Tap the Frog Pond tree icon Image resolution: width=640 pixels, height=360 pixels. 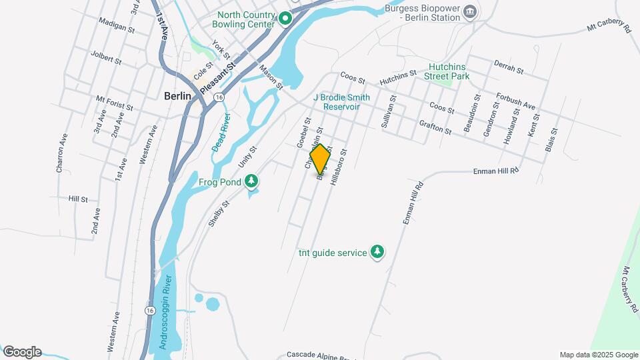coord(251,181)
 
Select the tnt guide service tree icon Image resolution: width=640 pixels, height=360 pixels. coord(378,252)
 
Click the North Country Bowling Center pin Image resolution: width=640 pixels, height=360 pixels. coord(285,19)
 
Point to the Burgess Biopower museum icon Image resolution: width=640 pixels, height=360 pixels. coord(470,11)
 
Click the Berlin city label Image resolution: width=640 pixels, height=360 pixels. coord(177,96)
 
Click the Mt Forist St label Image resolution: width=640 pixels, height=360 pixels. coord(115,102)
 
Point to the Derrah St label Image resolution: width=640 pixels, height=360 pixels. coord(507,66)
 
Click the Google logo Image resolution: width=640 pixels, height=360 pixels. coord(22,352)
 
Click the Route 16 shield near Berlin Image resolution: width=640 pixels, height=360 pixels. coord(219,97)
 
